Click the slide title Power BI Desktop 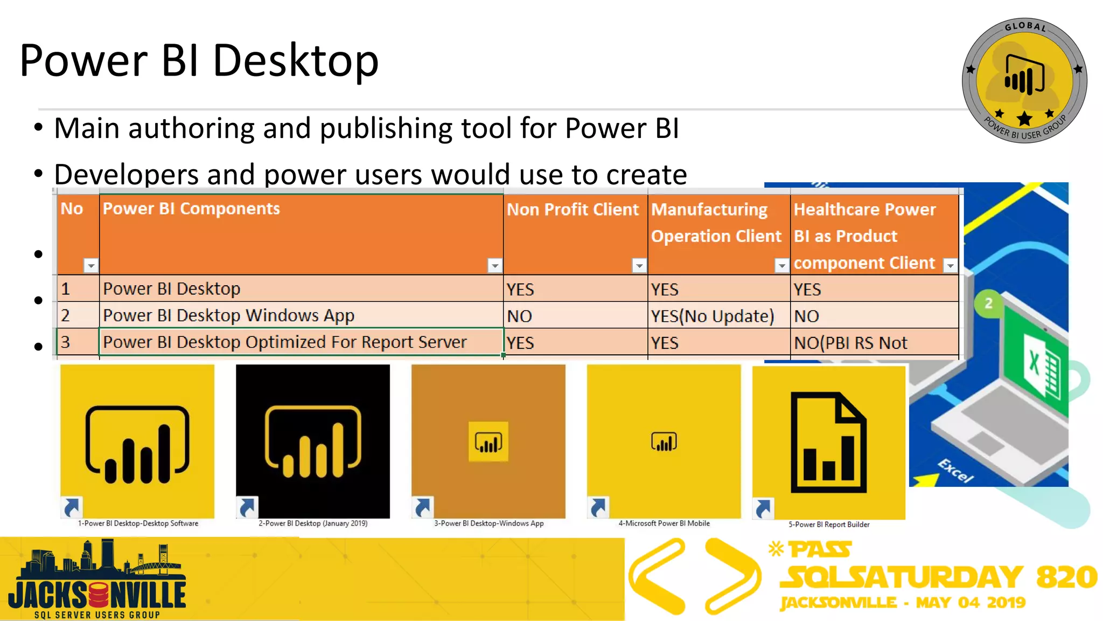pyautogui.click(x=199, y=60)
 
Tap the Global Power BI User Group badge pyautogui.click(x=1024, y=81)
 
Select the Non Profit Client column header pyautogui.click(x=572, y=210)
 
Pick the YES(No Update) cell pyautogui.click(x=712, y=316)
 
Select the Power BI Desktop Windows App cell pyautogui.click(x=228, y=315)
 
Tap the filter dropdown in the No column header pyautogui.click(x=91, y=265)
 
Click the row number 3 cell pyautogui.click(x=66, y=342)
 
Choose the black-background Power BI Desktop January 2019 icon pyautogui.click(x=312, y=441)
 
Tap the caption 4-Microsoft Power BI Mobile pyautogui.click(x=664, y=523)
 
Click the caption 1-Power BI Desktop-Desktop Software pyautogui.click(x=138, y=523)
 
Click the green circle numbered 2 pyautogui.click(x=988, y=303)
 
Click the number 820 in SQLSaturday pyautogui.click(x=1066, y=577)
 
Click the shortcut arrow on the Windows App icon pyautogui.click(x=423, y=507)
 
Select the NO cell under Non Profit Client pyautogui.click(x=520, y=316)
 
